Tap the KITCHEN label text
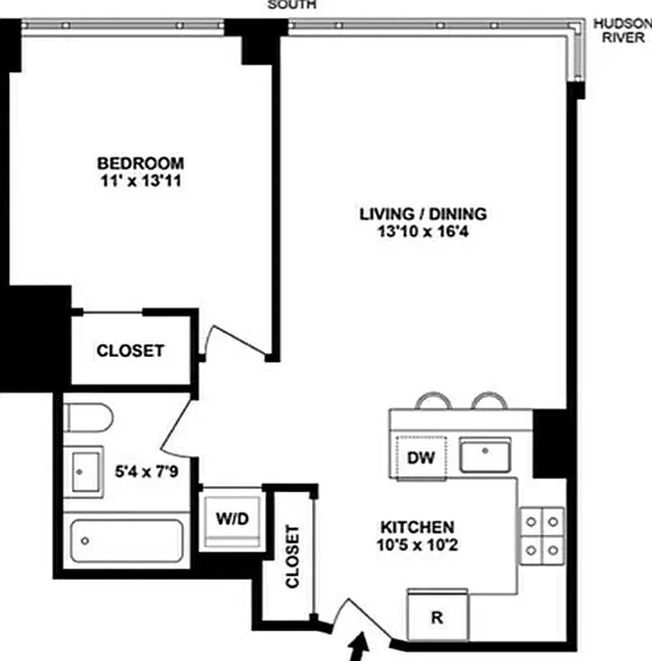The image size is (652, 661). pos(416,527)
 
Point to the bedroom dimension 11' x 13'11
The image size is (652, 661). pos(139,181)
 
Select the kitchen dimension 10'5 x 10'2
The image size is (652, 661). pos(416,545)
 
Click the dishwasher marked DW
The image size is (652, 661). pos(421,455)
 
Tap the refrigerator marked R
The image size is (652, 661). pos(438,616)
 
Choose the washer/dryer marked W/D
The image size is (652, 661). pos(232,519)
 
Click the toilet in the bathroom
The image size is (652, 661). pos(88,418)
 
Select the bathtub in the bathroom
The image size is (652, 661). pos(126,542)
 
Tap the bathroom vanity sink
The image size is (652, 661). pos(83,472)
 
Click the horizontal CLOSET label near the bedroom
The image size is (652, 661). pos(131,350)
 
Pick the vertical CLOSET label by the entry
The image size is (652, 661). pos(292,556)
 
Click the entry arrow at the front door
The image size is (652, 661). pos(359,648)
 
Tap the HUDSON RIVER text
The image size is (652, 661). pos(622,31)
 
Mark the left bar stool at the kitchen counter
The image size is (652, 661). pos(434,402)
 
